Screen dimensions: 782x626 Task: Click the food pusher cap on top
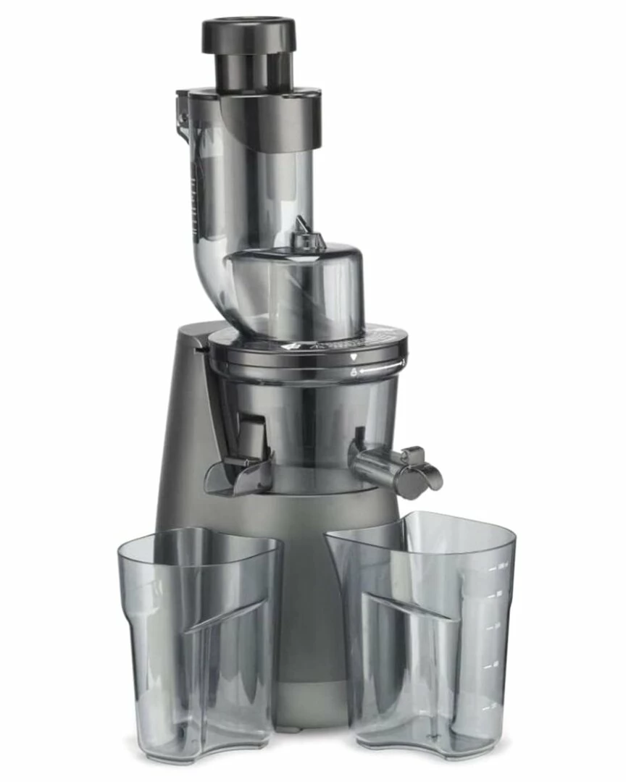tap(249, 34)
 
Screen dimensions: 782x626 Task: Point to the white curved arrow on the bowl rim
tap(376, 370)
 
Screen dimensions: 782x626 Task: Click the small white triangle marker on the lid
tap(353, 358)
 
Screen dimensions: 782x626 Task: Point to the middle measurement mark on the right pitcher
tap(494, 626)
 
